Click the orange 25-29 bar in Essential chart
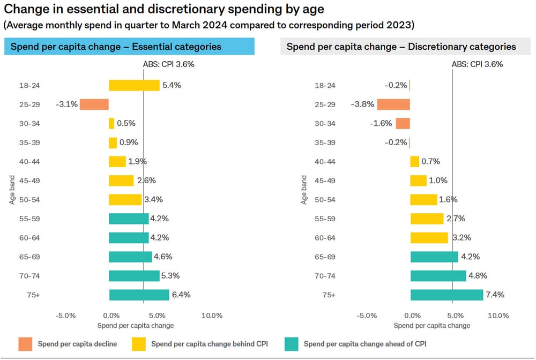click(94, 104)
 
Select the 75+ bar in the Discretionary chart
click(446, 295)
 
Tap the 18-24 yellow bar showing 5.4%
click(134, 85)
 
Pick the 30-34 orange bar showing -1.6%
click(403, 123)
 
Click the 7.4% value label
click(494, 295)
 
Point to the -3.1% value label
click(66, 104)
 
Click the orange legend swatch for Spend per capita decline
click(25, 343)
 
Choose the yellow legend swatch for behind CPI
click(139, 343)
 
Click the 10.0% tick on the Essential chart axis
click(212, 316)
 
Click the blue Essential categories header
click(129, 47)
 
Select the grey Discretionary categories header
click(401, 47)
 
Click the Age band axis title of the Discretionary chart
click(304, 190)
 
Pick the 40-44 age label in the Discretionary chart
click(325, 161)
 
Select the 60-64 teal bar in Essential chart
click(129, 237)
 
